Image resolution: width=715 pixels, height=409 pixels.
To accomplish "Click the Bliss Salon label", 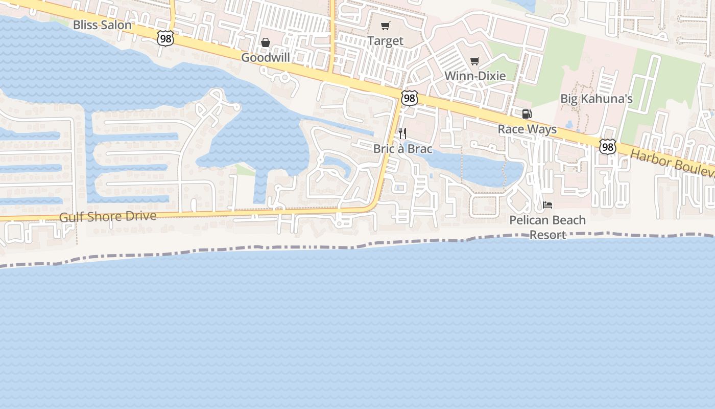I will click(102, 25).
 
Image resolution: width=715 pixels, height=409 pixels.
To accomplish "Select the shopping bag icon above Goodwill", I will click(266, 42).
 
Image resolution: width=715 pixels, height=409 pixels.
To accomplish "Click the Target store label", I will click(386, 41).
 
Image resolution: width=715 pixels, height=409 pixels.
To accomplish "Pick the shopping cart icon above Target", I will click(386, 26).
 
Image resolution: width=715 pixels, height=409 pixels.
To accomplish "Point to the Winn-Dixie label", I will click(475, 76).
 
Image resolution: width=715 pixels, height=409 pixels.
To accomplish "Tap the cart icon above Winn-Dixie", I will click(475, 61).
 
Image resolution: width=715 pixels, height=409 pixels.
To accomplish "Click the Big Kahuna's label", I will click(597, 99).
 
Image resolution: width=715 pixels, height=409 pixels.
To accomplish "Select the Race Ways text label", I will click(527, 129).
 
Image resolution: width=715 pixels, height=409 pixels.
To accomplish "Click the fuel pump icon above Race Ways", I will click(527, 114).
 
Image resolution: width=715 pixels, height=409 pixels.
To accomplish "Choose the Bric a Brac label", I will click(403, 149).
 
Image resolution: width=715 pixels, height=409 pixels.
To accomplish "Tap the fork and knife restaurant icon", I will click(402, 134).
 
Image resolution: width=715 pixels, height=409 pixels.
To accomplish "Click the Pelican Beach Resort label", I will click(547, 227).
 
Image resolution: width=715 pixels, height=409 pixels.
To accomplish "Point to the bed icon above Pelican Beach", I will click(547, 205).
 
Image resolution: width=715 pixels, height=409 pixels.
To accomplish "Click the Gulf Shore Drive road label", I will click(108, 216).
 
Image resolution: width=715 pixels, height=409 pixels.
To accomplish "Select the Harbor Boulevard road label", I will click(672, 163).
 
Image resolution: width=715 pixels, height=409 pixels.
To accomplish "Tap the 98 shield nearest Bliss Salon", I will click(165, 38).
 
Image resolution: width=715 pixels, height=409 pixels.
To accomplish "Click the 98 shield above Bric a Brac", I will click(409, 98).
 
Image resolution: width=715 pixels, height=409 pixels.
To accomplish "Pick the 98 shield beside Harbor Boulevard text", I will click(608, 147).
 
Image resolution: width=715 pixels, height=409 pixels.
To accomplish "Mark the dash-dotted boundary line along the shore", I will click(306, 247).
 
